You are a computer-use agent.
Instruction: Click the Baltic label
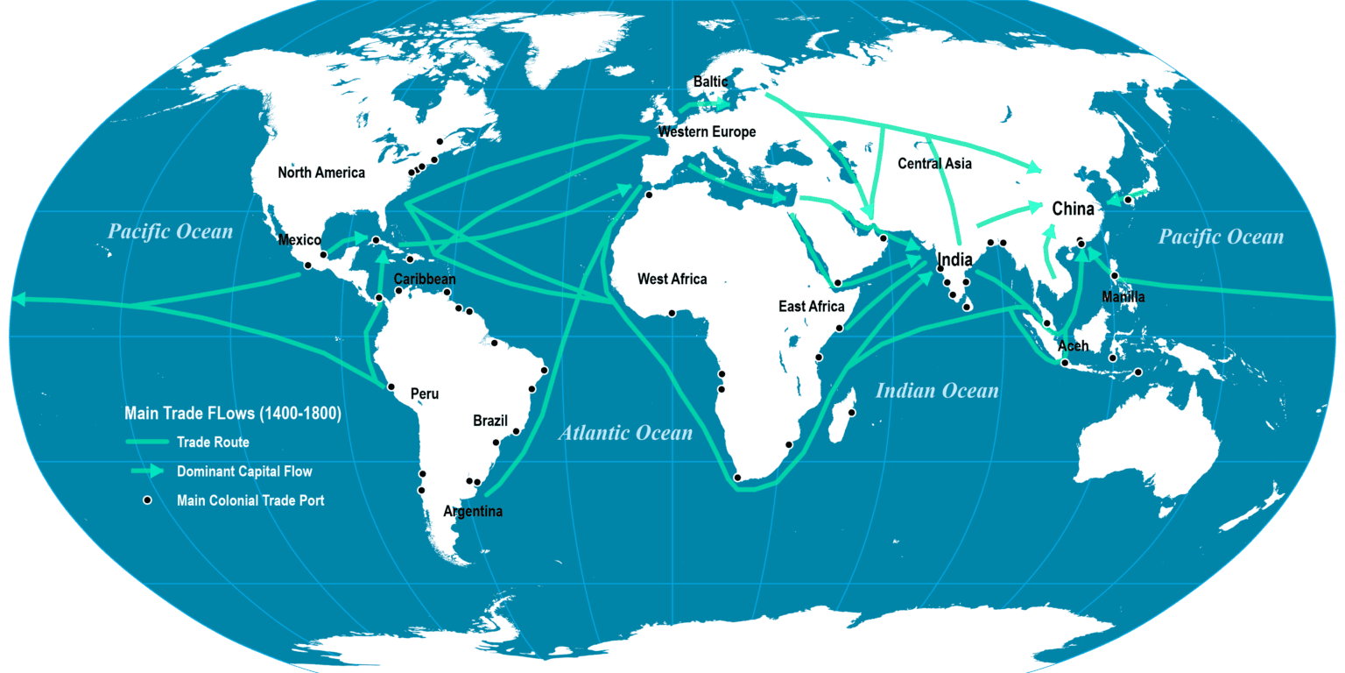[x=710, y=82]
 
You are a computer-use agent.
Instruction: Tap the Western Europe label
[x=707, y=132]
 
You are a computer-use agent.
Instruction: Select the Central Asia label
[x=934, y=164]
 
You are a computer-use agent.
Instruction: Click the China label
[x=1073, y=209]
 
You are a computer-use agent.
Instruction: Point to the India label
[x=954, y=260]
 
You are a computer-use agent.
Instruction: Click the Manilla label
[x=1123, y=297]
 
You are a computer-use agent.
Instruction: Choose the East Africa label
[x=811, y=307]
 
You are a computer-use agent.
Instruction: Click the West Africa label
[x=672, y=280]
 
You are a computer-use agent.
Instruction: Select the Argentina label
[x=473, y=512]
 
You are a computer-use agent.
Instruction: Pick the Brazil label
[x=489, y=421]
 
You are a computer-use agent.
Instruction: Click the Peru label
[x=425, y=394]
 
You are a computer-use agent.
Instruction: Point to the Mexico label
[x=299, y=240]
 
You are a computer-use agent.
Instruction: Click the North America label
[x=321, y=173]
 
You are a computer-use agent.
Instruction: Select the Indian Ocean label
[x=937, y=391]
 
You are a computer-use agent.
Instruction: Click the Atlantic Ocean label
[x=625, y=433]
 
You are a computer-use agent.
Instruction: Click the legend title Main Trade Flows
[x=233, y=413]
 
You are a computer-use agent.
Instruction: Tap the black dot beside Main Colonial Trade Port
[x=148, y=500]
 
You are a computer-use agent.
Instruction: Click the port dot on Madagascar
[x=851, y=413]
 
